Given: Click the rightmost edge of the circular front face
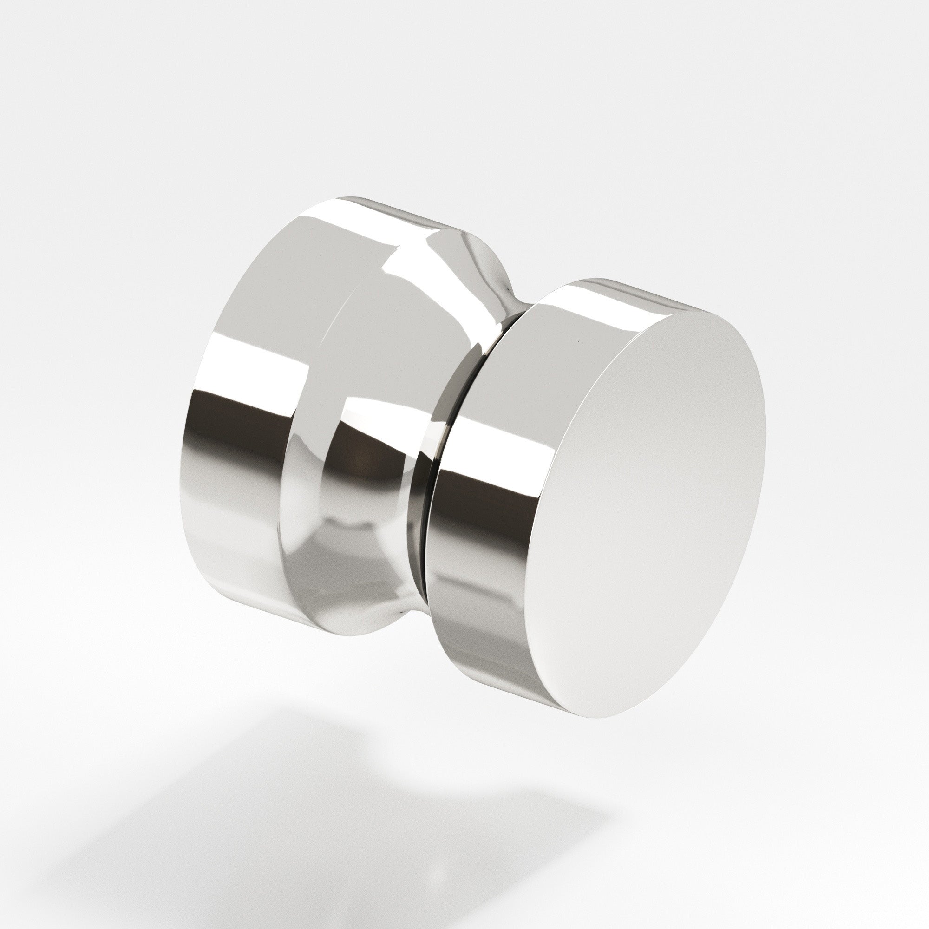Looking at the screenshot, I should (x=765, y=423).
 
